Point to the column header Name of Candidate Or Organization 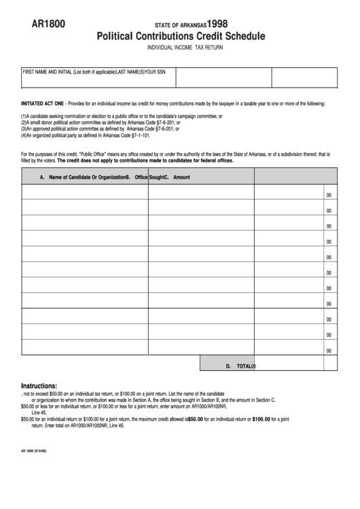pos(82,177)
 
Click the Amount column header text pos(181,177)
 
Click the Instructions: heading pos(43,385)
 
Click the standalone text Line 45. pos(39,413)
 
